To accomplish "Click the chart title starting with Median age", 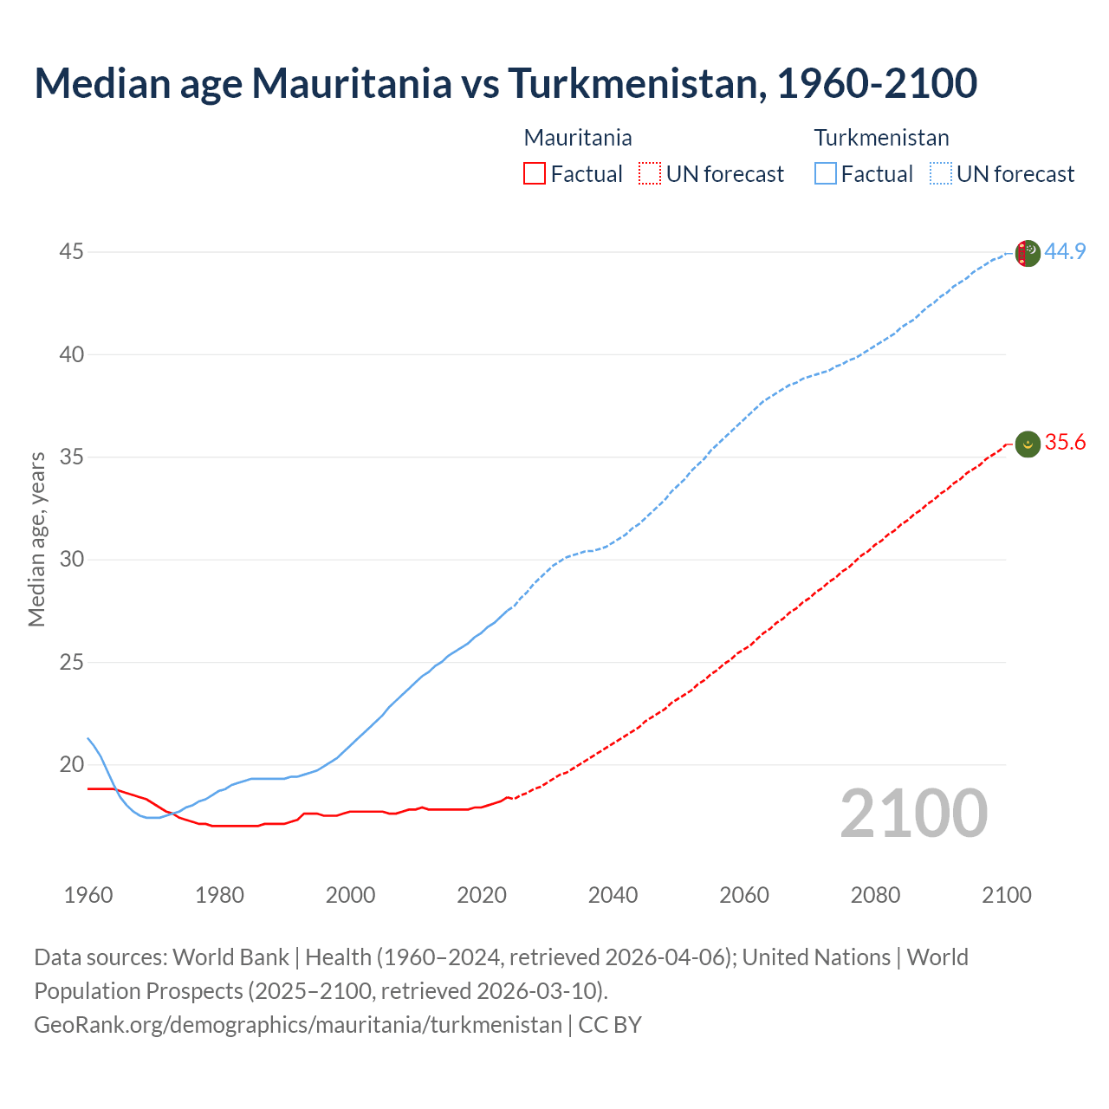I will [x=506, y=83].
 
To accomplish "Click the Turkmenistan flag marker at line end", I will [x=1027, y=253].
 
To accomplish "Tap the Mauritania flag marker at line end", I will [x=1027, y=444].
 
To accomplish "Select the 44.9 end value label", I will [x=1065, y=252].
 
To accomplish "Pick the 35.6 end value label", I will [x=1065, y=443].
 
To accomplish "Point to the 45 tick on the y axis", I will [x=71, y=252].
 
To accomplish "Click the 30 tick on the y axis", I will [x=71, y=560].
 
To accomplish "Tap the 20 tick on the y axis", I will [x=71, y=764].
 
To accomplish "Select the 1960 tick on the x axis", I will [x=88, y=895].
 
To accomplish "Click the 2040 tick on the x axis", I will [x=613, y=895].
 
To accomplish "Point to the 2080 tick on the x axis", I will [x=875, y=895].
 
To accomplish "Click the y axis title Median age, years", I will [x=36, y=539].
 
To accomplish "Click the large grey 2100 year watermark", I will [x=913, y=814].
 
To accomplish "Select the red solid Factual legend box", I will [x=535, y=174].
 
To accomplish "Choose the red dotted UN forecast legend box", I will [x=650, y=174].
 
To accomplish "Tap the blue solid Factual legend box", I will [x=826, y=174].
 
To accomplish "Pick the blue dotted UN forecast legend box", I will [x=940, y=174].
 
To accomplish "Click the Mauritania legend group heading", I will [x=578, y=138].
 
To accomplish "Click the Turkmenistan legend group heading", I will [x=881, y=138].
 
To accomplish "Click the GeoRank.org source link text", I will [x=298, y=1025].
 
